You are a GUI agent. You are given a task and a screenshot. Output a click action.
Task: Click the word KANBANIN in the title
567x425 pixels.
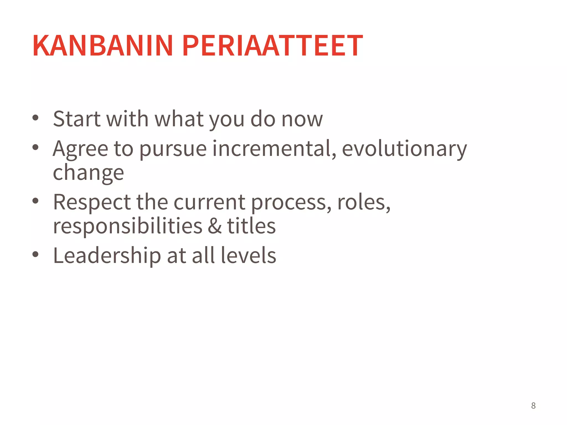[x=103, y=46]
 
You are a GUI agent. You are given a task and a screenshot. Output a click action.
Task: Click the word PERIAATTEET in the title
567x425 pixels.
[x=272, y=46]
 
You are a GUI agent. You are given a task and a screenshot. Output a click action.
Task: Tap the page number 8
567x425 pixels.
[x=533, y=406]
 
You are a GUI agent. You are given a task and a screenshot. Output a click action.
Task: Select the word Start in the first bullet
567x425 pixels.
[x=77, y=119]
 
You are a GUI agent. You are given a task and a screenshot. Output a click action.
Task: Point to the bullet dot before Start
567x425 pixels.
[x=35, y=118]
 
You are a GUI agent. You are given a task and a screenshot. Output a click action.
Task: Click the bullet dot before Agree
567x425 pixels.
[x=35, y=147]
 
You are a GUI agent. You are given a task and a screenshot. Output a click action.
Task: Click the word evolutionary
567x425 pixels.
[x=404, y=149]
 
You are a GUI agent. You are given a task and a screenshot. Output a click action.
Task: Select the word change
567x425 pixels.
[x=88, y=173]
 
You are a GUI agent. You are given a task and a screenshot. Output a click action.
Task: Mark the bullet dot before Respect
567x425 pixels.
[x=35, y=201]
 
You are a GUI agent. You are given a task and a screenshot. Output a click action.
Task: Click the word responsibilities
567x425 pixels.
[x=128, y=226]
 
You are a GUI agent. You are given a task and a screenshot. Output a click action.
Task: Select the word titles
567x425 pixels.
[x=251, y=226]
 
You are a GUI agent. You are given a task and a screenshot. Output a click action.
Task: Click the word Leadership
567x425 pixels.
[x=107, y=256]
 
